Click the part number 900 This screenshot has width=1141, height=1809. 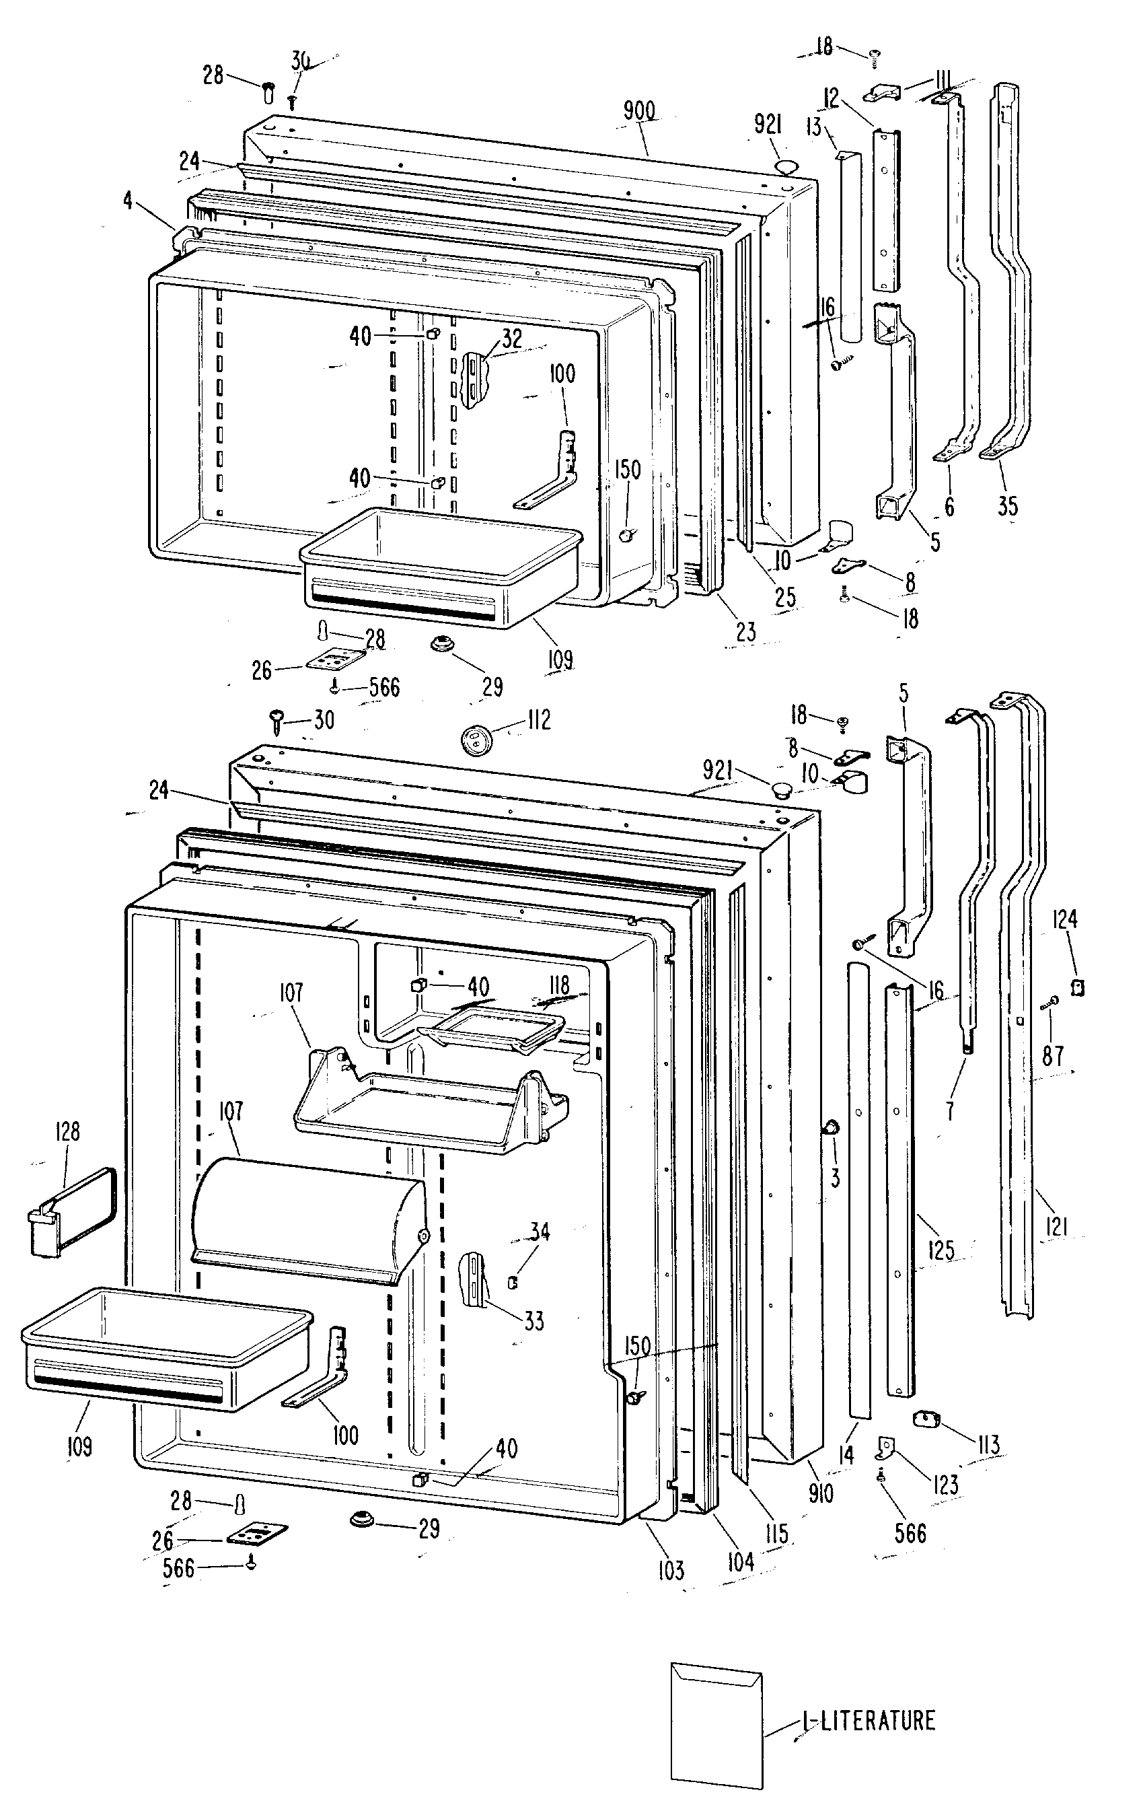639,111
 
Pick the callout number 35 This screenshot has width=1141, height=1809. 1007,505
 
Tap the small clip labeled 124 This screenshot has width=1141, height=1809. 1078,987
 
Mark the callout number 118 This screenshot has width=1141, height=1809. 559,985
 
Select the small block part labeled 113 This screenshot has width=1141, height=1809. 928,1419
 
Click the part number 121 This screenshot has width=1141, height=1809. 1056,1228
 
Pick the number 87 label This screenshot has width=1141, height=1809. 1053,1056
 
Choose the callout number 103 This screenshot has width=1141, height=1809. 670,1570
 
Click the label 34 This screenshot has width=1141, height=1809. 540,1232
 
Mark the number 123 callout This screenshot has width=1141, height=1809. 946,1485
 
